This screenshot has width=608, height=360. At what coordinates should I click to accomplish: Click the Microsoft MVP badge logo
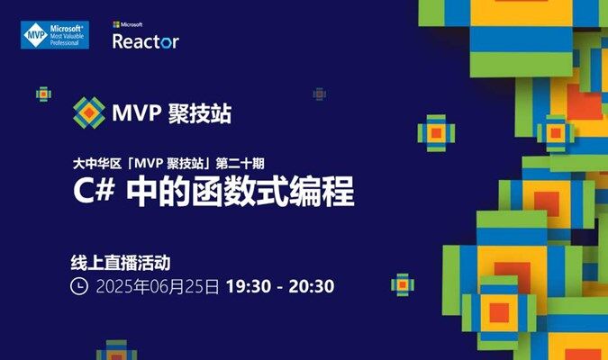pyautogui.click(x=55, y=35)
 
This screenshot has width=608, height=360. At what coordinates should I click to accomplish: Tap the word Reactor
pyautogui.click(x=146, y=41)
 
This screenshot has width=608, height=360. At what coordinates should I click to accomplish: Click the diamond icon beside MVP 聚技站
pyautogui.click(x=89, y=112)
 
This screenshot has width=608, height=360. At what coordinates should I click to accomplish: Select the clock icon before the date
pyautogui.click(x=79, y=286)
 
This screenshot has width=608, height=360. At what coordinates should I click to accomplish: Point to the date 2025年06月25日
pyautogui.click(x=158, y=287)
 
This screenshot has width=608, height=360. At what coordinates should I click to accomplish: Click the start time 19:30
pyautogui.click(x=249, y=286)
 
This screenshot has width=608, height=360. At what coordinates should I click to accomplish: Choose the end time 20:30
pyautogui.click(x=312, y=286)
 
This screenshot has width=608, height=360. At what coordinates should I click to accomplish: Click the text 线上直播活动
pyautogui.click(x=121, y=263)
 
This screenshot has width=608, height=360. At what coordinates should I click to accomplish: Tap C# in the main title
pyautogui.click(x=94, y=192)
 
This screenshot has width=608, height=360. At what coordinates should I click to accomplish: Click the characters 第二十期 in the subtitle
pyautogui.click(x=240, y=164)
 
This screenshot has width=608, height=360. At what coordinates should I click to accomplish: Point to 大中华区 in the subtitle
pyautogui.click(x=97, y=164)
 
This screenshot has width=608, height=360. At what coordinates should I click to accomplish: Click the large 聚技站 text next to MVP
pyautogui.click(x=200, y=113)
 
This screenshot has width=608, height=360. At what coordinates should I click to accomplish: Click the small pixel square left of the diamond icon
pyautogui.click(x=43, y=94)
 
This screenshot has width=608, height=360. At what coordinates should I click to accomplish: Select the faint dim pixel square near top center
pyautogui.click(x=319, y=94)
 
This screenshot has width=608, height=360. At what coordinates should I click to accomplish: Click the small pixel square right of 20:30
pyautogui.click(x=403, y=284)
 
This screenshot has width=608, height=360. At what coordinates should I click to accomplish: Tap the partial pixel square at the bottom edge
pyautogui.click(x=116, y=350)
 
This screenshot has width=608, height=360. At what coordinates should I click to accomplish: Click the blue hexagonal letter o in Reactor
pyautogui.click(x=167, y=42)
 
